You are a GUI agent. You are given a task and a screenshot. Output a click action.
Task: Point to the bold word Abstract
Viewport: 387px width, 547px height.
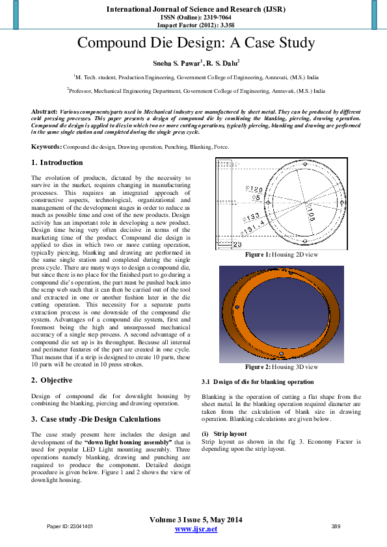44,112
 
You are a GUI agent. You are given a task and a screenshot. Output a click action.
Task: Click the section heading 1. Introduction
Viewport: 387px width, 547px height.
57,162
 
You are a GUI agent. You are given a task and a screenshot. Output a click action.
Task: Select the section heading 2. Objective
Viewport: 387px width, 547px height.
54,380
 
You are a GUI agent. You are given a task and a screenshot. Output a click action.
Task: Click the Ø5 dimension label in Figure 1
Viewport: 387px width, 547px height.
256,196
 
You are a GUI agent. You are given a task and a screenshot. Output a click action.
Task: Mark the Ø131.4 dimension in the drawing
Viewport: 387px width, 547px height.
252,229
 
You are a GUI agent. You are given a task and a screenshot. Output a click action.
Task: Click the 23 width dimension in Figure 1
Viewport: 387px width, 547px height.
237,244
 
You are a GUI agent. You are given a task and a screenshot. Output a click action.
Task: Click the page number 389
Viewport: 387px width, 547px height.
336,526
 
